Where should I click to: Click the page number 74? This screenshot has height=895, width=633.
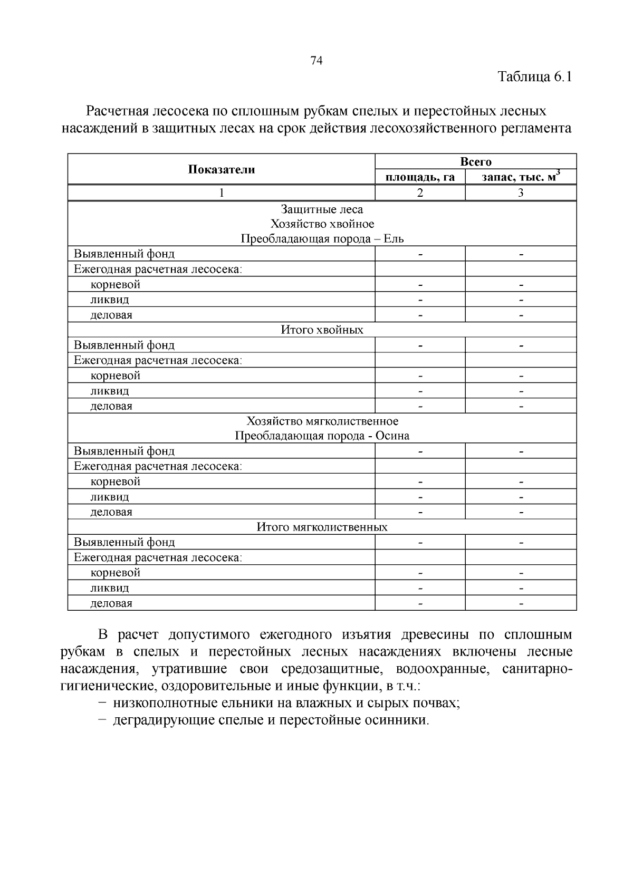click(x=316, y=61)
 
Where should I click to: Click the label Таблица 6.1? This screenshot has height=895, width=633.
click(x=535, y=77)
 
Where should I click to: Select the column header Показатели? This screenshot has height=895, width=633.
click(x=221, y=169)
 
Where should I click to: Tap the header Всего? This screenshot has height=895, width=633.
click(x=475, y=161)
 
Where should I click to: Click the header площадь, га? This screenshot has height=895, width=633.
click(x=420, y=177)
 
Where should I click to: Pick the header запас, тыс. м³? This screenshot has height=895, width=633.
click(x=521, y=177)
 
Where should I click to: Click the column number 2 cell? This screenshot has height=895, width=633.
click(x=420, y=193)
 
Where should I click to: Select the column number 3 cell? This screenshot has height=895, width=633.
click(x=521, y=193)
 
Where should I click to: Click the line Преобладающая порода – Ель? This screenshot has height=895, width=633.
click(x=322, y=239)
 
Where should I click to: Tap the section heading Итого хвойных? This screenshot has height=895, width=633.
click(x=322, y=330)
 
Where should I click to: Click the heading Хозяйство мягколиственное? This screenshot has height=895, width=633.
click(x=322, y=421)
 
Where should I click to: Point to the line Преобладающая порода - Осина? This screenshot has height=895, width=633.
click(x=322, y=436)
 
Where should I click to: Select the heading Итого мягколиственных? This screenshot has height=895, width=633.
click(x=322, y=527)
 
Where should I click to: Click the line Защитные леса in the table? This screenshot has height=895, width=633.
click(x=322, y=209)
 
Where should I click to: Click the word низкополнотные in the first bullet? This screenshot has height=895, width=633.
click(x=158, y=704)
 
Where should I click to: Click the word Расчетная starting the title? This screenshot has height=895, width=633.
click(x=117, y=111)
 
